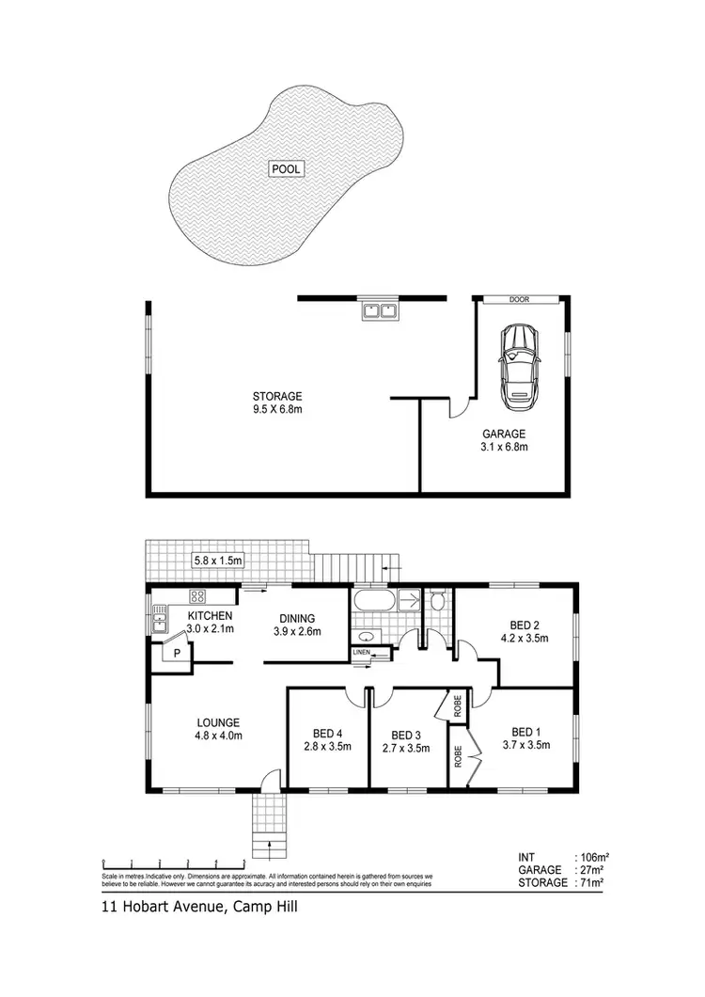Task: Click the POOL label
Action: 287,169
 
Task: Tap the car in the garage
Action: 518,367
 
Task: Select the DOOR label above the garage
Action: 519,300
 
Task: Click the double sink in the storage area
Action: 381,310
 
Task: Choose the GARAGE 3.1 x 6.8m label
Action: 505,440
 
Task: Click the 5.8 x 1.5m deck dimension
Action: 218,561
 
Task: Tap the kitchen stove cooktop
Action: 198,596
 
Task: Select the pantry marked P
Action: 173,651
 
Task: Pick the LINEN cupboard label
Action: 362,652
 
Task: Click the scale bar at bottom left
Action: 173,861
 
